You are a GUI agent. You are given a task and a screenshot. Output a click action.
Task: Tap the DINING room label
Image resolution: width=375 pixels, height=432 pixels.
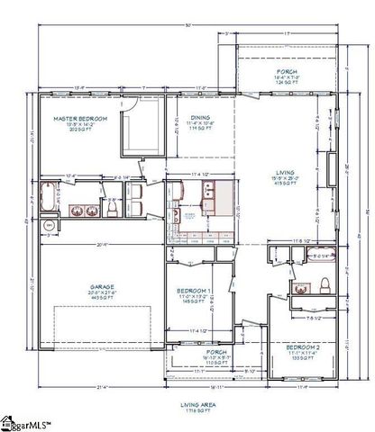coord(200,117)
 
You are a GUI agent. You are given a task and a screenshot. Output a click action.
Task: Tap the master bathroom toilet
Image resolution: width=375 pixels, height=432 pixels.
coord(112,208)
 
